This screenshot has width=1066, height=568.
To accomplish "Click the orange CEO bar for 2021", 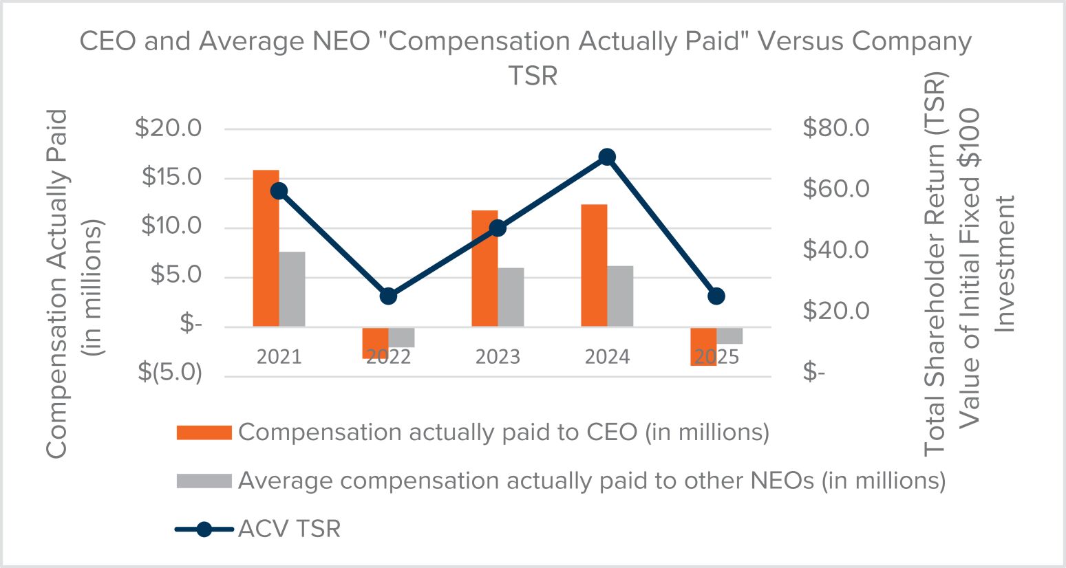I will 266,248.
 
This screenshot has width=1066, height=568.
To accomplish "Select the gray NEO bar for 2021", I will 292,289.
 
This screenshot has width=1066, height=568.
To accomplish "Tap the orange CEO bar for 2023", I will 484,268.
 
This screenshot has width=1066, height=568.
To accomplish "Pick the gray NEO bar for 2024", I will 620,296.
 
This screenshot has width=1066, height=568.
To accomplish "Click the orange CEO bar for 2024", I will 594,265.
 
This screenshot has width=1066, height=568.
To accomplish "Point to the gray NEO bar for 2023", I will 511,297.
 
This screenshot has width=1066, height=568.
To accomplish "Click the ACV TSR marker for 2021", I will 279,191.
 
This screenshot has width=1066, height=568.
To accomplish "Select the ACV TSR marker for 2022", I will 388,296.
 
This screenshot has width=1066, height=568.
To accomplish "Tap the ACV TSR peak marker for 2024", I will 607,157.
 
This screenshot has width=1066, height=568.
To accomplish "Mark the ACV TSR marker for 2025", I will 716,296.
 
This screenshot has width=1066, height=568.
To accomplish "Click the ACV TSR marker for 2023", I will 498,228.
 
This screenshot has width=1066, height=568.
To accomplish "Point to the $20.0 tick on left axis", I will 168,129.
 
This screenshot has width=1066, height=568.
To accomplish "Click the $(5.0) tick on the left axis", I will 170,372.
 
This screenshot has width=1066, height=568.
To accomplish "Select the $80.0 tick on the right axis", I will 836,129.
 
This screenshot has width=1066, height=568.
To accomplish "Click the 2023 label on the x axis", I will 498,357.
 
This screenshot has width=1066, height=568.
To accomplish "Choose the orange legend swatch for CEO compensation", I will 204,433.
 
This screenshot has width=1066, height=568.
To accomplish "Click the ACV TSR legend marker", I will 204,529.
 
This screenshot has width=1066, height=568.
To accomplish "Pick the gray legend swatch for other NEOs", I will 204,481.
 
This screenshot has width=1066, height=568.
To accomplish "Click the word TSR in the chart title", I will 533,76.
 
